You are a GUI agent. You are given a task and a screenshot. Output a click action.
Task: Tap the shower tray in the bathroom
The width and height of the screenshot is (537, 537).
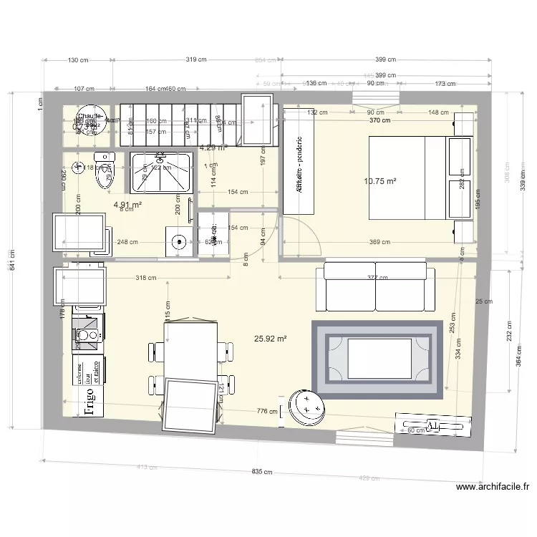tap(160, 173)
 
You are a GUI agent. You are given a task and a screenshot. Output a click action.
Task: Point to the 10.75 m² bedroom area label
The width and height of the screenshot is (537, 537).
tap(380, 182)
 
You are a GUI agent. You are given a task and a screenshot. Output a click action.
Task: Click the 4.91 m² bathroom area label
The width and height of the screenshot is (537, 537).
tap(127, 204)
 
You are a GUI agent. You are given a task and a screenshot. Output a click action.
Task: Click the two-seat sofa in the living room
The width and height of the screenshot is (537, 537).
tap(375, 286)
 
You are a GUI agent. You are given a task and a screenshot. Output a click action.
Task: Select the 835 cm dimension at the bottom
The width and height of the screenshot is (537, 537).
tap(263, 472)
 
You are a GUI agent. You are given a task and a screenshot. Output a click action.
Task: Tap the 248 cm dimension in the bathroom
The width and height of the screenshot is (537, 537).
tap(129, 242)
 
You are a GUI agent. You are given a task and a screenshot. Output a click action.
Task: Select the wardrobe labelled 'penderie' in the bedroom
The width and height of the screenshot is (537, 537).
tap(299, 161)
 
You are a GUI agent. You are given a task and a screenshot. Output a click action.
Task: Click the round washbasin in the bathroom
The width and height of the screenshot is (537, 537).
tap(177, 241)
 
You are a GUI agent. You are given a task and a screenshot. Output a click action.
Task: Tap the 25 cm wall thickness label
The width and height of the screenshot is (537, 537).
tap(484, 301)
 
